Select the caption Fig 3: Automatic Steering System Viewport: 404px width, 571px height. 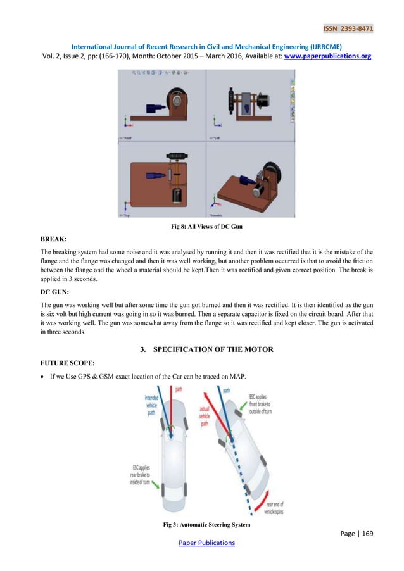201,525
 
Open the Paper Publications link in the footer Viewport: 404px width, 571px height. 201,543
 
